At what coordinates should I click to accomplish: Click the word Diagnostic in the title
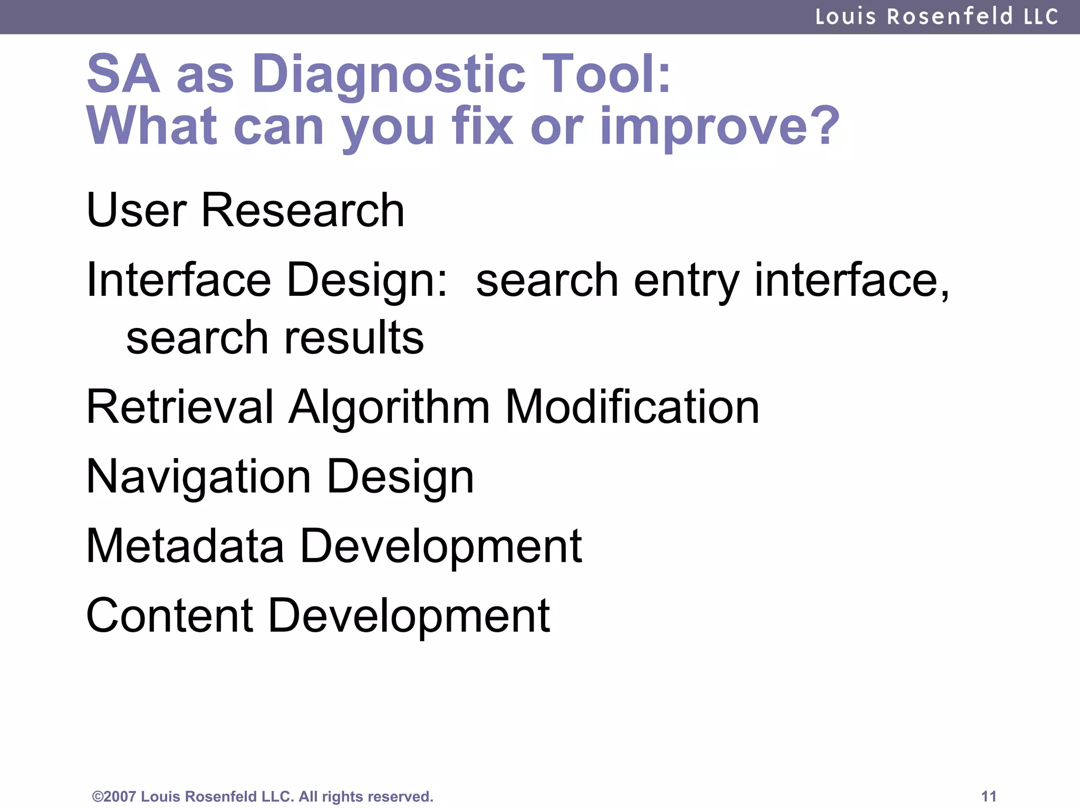tap(389, 75)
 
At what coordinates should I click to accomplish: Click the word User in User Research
tap(137, 210)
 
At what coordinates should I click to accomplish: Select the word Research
tap(303, 210)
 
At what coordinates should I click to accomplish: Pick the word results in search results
tap(354, 337)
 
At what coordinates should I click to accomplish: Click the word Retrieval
tap(180, 407)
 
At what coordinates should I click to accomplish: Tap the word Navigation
tap(198, 477)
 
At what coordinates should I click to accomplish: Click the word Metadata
tap(185, 546)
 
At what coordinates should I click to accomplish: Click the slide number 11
tap(988, 796)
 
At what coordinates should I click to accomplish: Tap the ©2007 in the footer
tap(114, 796)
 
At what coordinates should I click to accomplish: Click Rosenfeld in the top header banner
tap(950, 16)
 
